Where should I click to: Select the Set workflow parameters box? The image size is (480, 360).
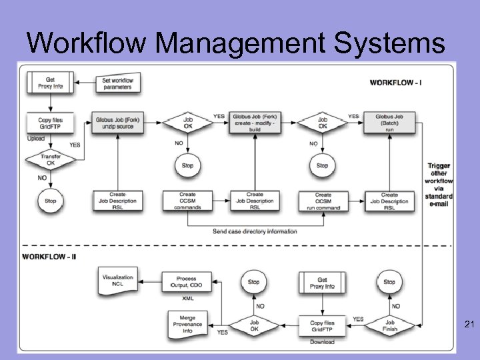117,83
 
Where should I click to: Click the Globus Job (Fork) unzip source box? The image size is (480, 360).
117,122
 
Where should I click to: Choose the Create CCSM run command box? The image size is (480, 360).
323,201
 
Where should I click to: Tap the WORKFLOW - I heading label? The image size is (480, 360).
395,83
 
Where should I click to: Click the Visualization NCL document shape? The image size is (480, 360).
118,281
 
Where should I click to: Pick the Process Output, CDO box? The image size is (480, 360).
185,282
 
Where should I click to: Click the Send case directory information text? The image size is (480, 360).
255,231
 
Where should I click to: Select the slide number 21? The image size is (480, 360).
468,325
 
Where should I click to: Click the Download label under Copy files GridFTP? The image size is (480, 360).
321,342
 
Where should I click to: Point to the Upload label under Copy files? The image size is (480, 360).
36,139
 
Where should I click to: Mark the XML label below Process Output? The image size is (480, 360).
188,298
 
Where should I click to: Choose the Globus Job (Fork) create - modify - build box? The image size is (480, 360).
254,122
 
